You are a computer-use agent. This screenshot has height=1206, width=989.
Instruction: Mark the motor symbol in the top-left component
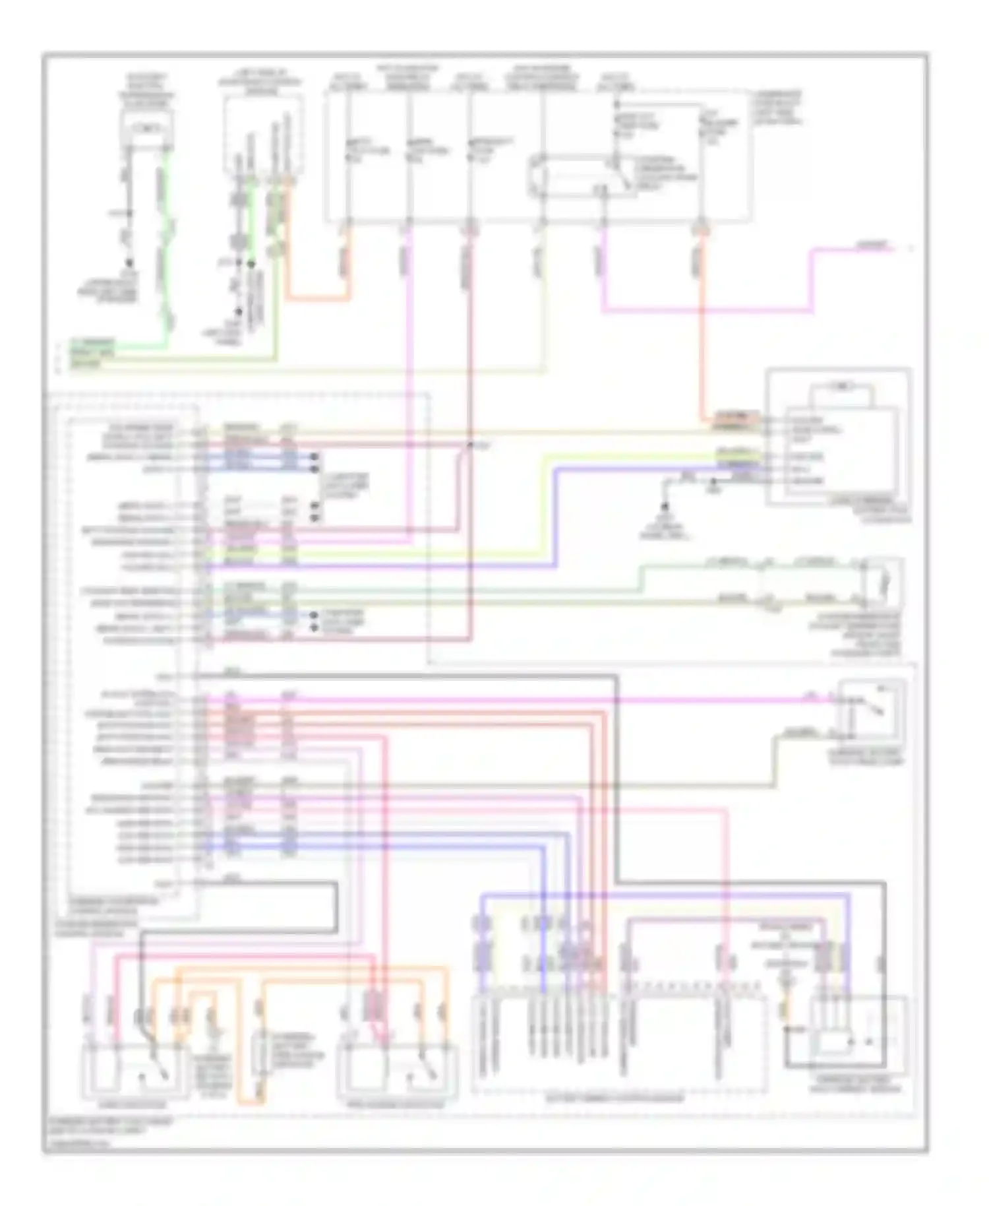click(146, 125)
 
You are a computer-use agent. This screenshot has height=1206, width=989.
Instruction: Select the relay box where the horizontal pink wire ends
click(870, 714)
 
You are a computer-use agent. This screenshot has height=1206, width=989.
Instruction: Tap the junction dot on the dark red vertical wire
click(470, 446)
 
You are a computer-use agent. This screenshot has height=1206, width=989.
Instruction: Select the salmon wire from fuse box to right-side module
click(700, 330)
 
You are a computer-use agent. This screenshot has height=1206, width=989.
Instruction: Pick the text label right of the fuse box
click(778, 109)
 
